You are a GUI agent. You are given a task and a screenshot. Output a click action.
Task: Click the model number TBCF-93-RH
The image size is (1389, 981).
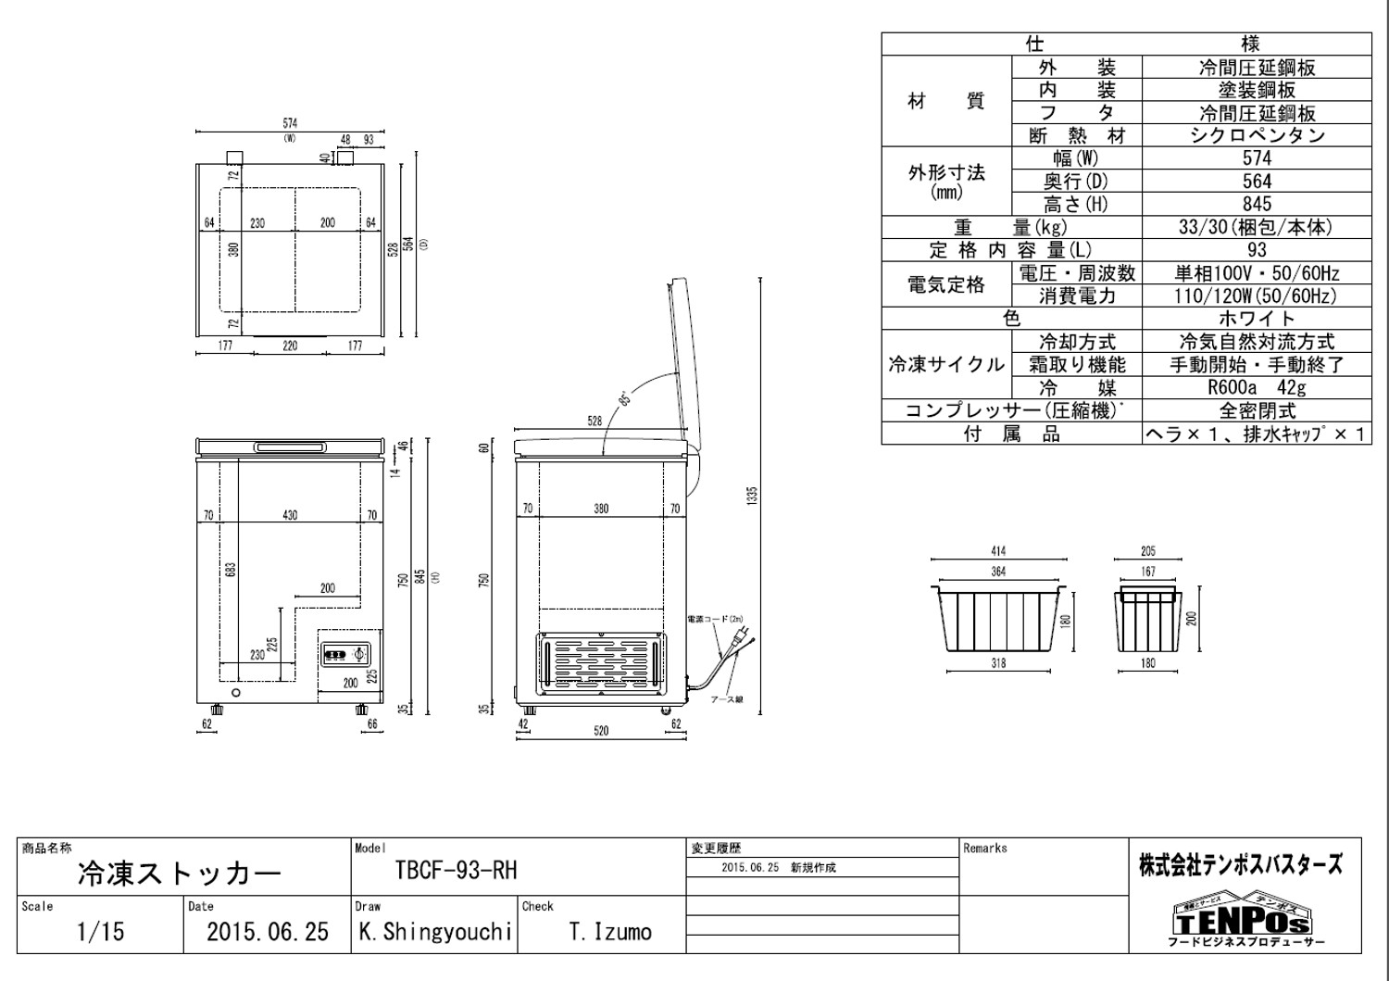coord(456,872)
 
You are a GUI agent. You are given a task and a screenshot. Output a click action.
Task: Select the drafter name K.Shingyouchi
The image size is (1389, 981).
coord(433,931)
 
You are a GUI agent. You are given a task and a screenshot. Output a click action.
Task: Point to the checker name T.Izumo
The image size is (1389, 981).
coord(610,931)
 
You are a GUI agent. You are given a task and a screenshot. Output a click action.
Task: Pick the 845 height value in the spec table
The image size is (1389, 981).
coord(1257,205)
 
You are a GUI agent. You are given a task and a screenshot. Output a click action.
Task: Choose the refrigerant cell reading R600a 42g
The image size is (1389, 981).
coord(1257,388)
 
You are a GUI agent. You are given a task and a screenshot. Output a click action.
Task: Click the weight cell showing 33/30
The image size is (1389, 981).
coord(1257,228)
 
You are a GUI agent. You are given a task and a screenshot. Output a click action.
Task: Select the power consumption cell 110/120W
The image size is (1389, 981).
coord(1257,296)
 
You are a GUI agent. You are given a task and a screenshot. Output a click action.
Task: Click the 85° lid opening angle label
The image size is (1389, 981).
coord(626,399)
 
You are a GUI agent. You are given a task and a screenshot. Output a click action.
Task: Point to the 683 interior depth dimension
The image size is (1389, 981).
coord(231,568)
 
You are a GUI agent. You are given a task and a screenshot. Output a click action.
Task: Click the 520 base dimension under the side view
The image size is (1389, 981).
coord(601,731)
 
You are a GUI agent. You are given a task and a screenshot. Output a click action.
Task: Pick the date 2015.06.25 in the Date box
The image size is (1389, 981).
coord(267,931)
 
